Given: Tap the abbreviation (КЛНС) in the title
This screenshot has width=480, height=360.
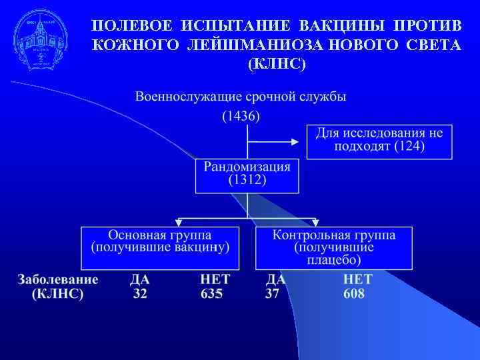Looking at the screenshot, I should [x=277, y=65].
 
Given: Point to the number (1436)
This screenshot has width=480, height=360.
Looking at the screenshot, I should [x=241, y=116].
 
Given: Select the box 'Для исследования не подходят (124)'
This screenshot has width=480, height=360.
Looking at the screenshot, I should [x=379, y=141].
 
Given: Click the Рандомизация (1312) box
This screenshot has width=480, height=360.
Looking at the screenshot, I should [x=247, y=174].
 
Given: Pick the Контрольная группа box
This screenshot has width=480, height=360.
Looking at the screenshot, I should [x=333, y=247].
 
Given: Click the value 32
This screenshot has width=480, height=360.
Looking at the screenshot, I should [x=140, y=294].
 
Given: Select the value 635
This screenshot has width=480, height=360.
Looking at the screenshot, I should [x=211, y=294].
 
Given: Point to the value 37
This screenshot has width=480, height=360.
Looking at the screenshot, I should [x=272, y=294].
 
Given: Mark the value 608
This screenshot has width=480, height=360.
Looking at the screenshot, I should [x=354, y=294].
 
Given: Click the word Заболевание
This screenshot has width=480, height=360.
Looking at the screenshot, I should [x=58, y=279].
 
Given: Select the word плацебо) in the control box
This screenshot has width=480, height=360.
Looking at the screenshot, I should [x=334, y=259].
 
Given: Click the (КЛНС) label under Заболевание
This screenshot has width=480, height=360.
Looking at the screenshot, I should [x=58, y=294].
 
